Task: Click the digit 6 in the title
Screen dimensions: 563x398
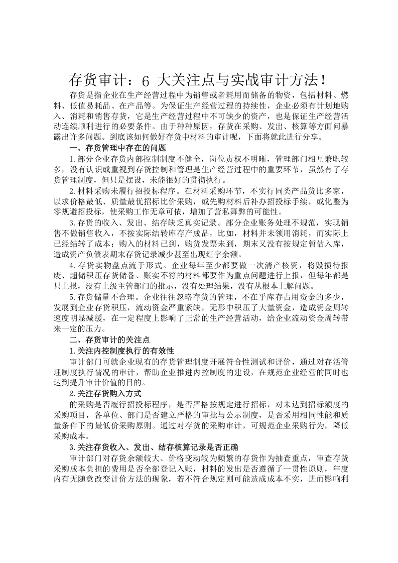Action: click(146, 80)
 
